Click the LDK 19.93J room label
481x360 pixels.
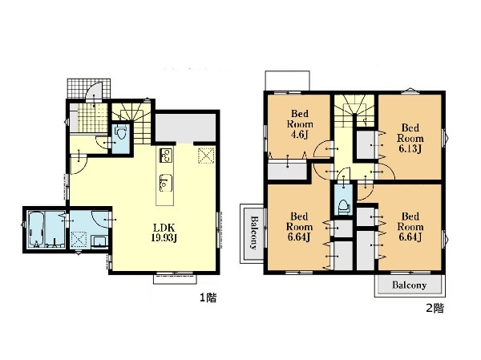[164, 233]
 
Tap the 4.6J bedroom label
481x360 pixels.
[300, 124]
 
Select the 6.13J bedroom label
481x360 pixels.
[410, 138]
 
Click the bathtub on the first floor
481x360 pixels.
[37, 229]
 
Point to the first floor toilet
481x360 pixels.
[120, 133]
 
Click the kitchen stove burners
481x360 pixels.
[166, 156]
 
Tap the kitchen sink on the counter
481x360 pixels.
[166, 183]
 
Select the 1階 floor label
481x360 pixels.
[208, 297]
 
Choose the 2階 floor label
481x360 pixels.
[435, 308]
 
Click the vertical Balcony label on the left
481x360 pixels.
[254, 233]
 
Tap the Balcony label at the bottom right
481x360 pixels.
[409, 285]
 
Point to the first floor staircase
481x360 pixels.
[131, 123]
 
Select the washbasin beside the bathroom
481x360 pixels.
[99, 241]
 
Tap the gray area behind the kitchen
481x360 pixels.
[185, 127]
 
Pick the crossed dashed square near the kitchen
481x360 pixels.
[206, 156]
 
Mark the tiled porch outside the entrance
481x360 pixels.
[89, 88]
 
